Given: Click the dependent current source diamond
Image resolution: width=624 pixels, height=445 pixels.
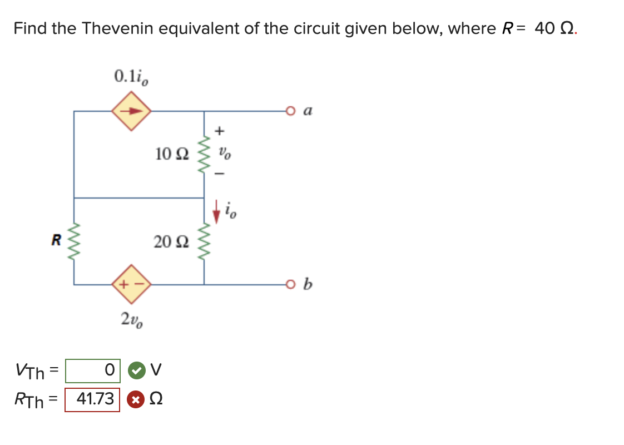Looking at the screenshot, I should click(132, 111).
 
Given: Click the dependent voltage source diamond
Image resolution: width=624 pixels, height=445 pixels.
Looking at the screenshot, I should click(132, 285).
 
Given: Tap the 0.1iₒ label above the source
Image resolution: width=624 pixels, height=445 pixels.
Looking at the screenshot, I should click(131, 76).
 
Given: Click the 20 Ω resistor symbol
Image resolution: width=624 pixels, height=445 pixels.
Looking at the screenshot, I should click(204, 241).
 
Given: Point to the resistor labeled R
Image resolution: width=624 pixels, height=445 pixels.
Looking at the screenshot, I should click(74, 241).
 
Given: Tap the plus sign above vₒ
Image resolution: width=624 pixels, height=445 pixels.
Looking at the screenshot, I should click(220, 131).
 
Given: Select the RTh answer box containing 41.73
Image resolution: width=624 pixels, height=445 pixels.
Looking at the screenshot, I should click(92, 399).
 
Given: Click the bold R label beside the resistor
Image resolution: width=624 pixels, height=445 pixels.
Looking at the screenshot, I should click(56, 241).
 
